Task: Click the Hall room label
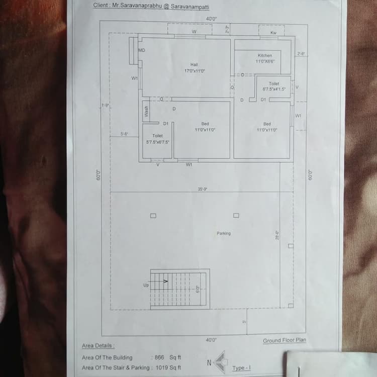(194, 64)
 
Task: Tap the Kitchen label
(264, 55)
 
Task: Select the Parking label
(224, 233)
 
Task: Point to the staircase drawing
(180, 289)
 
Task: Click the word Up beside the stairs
(146, 285)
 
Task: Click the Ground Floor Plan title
(284, 340)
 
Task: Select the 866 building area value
(159, 357)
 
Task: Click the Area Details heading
(98, 346)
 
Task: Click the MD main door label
(142, 50)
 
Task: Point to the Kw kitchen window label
(273, 33)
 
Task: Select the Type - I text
(241, 368)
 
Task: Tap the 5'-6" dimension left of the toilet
(125, 134)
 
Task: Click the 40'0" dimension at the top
(211, 19)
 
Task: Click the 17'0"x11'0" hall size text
(195, 71)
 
